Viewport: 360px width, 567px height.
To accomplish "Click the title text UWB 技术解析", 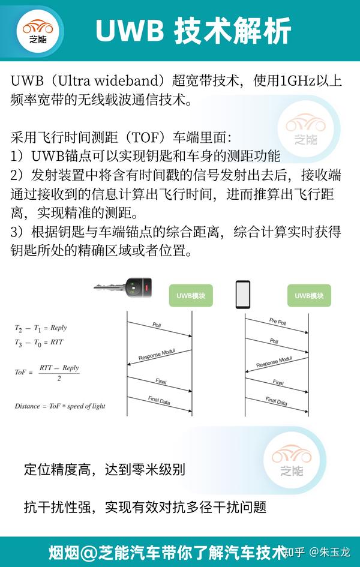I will tap(193, 31).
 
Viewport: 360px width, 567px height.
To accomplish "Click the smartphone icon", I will tap(242, 294).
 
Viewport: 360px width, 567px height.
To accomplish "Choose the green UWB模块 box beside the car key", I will tap(191, 296).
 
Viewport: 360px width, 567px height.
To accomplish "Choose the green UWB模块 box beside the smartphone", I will tap(308, 295).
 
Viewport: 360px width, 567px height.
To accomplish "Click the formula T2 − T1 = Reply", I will tap(41, 328).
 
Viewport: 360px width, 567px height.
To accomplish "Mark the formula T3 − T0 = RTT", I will tap(39, 342).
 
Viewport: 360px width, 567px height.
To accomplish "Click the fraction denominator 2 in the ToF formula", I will tap(59, 379).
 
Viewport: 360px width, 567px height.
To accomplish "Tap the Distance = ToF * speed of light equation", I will tap(60, 406).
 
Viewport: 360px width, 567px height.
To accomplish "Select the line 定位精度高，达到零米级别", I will tap(104, 469).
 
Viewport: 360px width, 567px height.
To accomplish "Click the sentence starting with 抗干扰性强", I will tap(145, 507).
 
